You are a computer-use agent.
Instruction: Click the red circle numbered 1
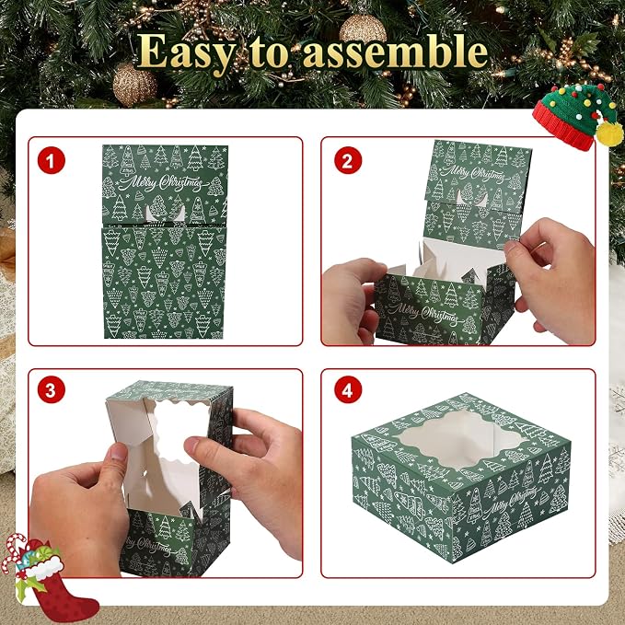point(51,161)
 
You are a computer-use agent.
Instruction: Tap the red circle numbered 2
point(348,161)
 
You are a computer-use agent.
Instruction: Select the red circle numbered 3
point(51,390)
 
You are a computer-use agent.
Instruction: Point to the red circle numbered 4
point(348,390)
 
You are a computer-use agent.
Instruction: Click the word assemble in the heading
point(396,51)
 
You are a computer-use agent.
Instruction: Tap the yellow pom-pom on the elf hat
point(609,134)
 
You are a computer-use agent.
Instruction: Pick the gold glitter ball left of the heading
point(134,85)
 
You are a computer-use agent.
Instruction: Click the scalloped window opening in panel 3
point(178,432)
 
